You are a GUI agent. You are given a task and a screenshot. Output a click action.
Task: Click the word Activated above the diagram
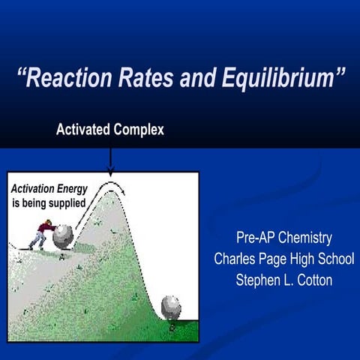pyautogui.click(x=83, y=130)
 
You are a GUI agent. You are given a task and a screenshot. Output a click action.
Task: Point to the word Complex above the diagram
pyautogui.click(x=139, y=130)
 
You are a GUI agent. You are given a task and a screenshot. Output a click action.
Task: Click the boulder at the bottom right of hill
pyautogui.click(x=172, y=305)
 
